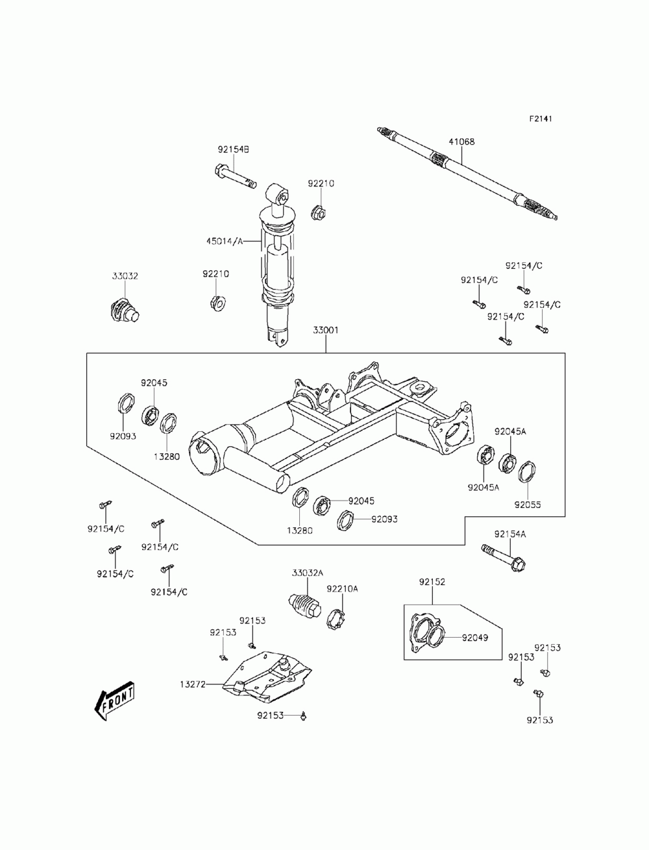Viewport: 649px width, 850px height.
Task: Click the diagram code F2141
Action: pos(540,118)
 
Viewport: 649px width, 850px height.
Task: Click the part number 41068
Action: pos(461,142)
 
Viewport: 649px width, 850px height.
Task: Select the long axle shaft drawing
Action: pos(467,173)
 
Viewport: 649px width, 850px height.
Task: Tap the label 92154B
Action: pos(233,149)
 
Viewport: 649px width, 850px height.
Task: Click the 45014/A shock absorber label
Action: pos(225,242)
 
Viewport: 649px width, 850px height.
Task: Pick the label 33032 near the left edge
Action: pos(125,276)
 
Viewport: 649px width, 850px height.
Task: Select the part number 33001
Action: pos(325,331)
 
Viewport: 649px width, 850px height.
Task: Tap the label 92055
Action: pos(528,505)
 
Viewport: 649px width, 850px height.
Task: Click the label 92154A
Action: pos(509,534)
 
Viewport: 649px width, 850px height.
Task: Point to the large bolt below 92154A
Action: pos(504,558)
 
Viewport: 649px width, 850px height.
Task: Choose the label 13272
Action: pos(193,684)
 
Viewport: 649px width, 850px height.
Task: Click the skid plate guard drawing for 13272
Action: pos(267,677)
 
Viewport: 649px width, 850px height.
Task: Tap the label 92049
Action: pos(475,638)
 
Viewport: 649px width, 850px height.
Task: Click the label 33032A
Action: pos(307,584)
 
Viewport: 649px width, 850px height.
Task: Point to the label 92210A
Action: pos(342,599)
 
